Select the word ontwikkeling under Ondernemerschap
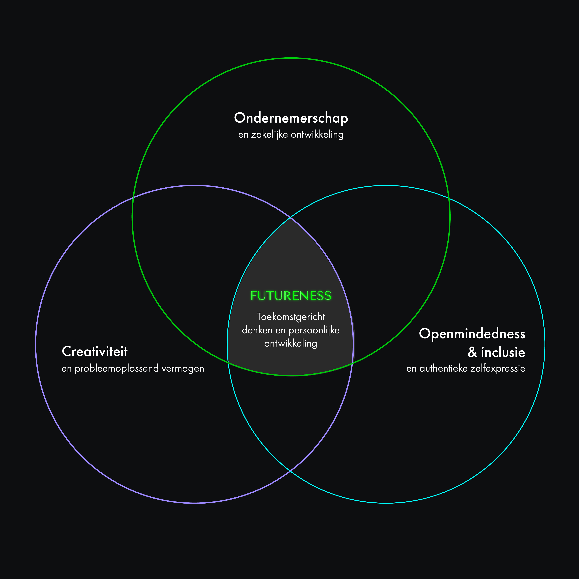pyautogui.click(x=317, y=135)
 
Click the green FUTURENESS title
pyautogui.click(x=291, y=296)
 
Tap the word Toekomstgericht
pyautogui.click(x=291, y=317)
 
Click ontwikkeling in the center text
pyautogui.click(x=290, y=343)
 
